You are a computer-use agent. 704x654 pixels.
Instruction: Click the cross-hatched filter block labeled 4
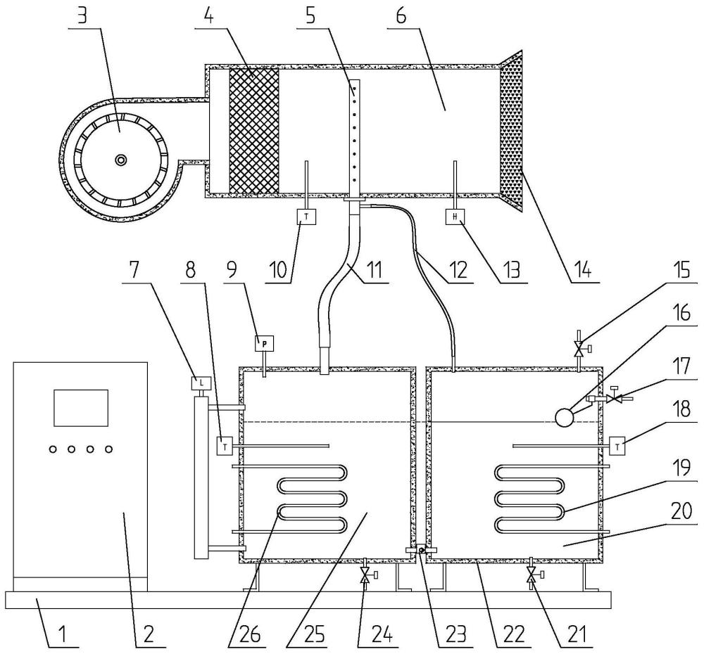[254, 131]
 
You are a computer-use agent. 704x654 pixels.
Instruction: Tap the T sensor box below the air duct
[306, 217]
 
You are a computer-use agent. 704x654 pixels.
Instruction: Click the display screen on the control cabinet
[81, 408]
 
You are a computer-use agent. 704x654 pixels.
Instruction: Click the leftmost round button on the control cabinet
[54, 449]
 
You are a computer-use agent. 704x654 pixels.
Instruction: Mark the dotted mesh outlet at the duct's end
[512, 131]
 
